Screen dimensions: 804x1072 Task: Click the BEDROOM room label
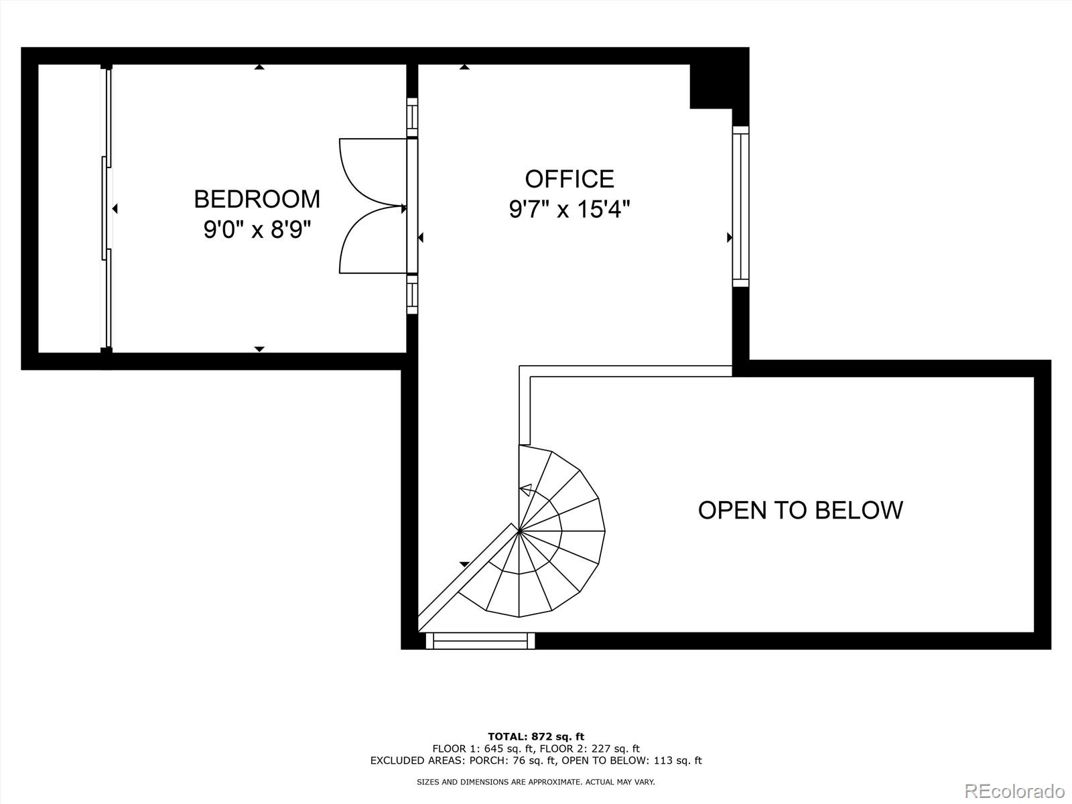point(257,199)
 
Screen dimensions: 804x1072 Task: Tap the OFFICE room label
point(569,179)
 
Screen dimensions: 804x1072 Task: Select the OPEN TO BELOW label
point(800,510)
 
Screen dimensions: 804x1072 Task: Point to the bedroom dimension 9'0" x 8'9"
point(258,230)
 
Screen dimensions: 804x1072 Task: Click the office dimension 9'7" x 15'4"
point(569,210)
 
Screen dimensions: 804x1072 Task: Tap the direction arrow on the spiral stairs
point(526,490)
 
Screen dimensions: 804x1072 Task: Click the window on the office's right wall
point(740,206)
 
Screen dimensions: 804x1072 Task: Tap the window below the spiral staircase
point(480,641)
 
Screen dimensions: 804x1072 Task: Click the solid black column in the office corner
point(711,86)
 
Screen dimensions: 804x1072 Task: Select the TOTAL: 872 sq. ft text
point(535,737)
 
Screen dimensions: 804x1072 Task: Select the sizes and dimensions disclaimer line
point(535,782)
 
